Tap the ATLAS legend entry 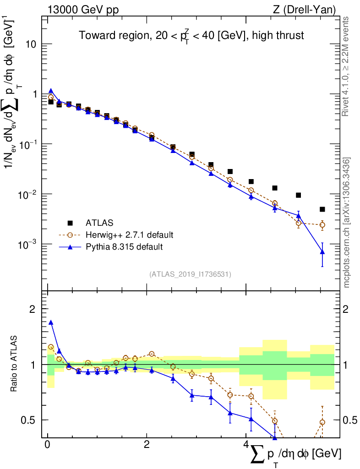(x=99, y=223)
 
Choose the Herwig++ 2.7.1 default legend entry (x=129, y=235)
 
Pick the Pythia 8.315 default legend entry (x=124, y=247)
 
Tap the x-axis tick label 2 (x=147, y=445)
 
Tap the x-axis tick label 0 (x=47, y=445)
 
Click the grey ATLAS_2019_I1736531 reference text (x=190, y=274)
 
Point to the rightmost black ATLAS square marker (x=322, y=209)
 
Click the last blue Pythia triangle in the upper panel (x=322, y=251)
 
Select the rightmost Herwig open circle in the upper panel (x=322, y=225)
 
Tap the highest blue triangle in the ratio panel (x=51, y=322)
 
